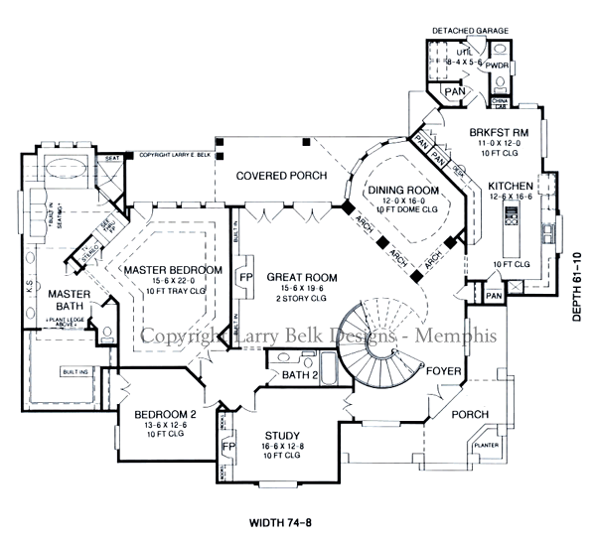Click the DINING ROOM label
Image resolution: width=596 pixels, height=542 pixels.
(403, 190)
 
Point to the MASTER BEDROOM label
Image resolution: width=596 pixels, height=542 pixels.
(173, 269)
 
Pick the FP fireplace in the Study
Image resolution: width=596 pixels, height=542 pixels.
(227, 447)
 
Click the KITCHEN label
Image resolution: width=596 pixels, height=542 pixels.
(514, 186)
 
